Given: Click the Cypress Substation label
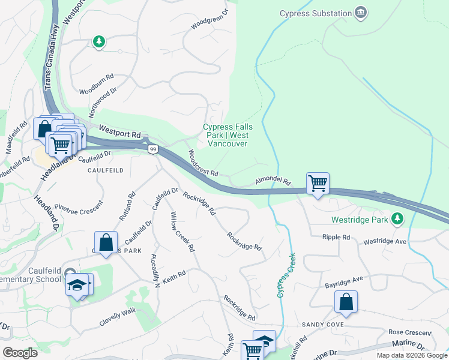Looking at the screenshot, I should click(315, 13).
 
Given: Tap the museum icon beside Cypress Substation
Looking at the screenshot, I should click(360, 13).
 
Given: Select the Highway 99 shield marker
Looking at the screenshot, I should click(153, 149).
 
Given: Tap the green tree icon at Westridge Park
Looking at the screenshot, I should click(396, 220).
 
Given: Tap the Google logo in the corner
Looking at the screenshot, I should click(20, 352).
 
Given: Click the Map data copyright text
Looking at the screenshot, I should click(411, 355).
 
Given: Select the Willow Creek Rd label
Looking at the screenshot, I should click(182, 231).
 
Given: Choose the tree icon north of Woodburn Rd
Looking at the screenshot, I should click(99, 41).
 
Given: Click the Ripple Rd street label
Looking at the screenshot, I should click(336, 238).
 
